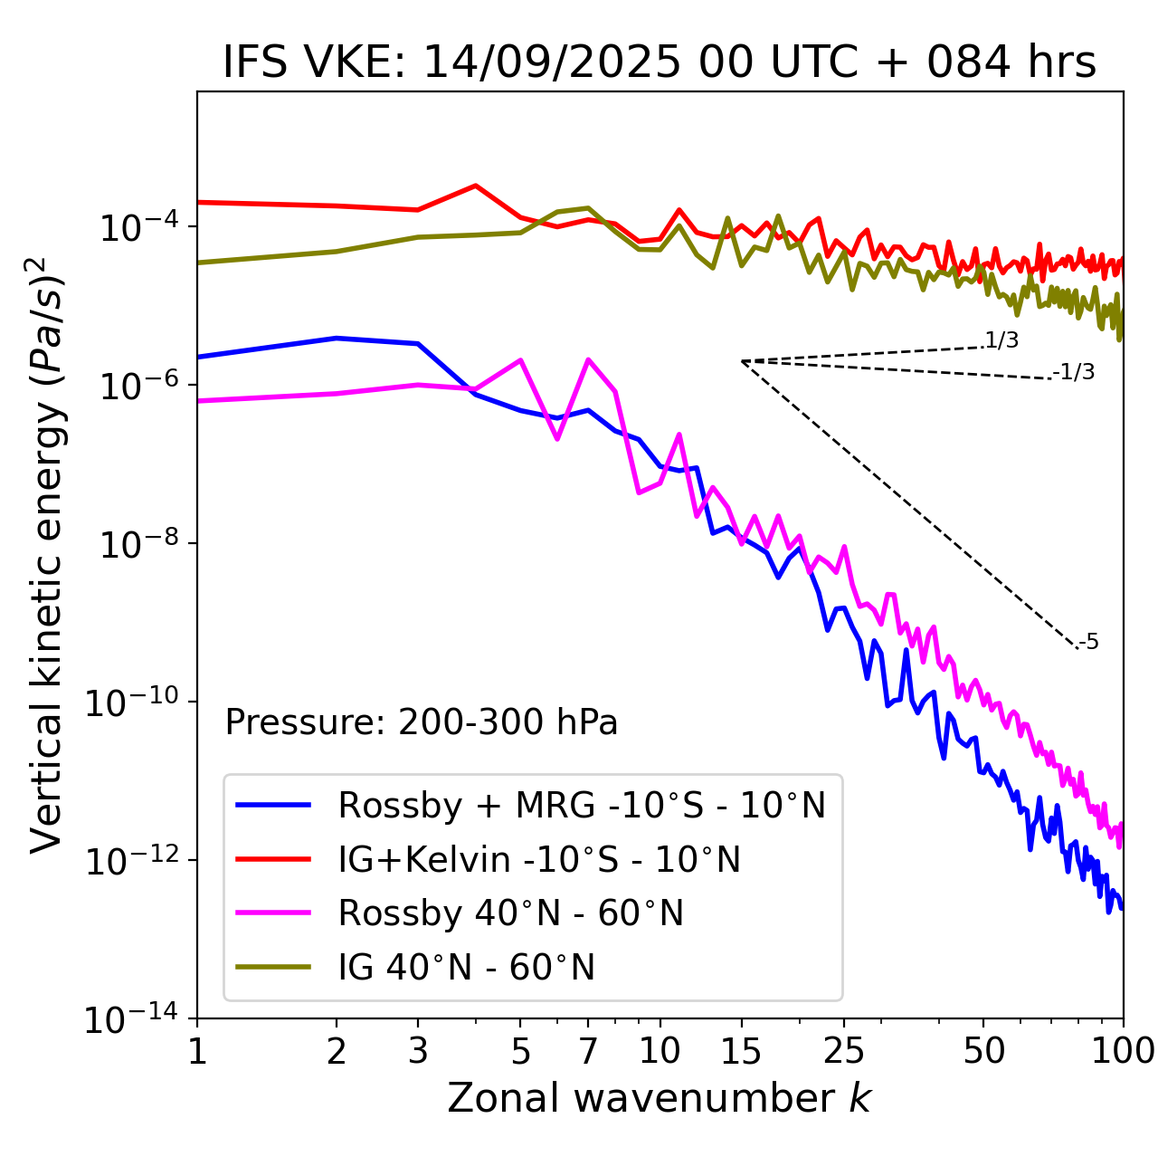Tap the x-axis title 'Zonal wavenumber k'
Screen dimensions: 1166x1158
[659, 1097]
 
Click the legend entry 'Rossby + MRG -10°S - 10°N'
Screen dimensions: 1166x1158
[582, 805]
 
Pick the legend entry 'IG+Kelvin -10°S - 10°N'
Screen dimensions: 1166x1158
[539, 859]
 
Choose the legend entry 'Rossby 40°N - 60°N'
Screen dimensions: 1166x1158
[510, 913]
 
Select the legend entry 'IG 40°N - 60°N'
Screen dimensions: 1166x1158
[466, 968]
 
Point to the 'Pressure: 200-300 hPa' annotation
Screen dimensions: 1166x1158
[422, 722]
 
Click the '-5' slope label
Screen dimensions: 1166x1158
[1088, 642]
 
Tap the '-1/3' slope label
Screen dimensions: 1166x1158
[1075, 372]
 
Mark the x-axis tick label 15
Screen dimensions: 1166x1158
[741, 1051]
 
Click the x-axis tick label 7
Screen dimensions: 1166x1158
[588, 1051]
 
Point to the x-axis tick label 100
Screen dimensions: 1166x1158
[1122, 1051]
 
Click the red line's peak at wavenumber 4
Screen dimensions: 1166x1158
[476, 186]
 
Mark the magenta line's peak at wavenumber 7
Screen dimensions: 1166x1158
[588, 359]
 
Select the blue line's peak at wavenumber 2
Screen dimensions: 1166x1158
[337, 338]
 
